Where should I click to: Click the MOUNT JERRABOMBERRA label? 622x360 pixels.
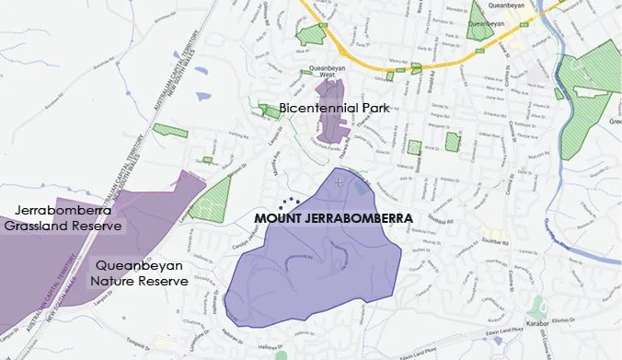(x=332, y=220)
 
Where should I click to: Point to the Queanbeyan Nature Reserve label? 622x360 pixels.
(x=141, y=273)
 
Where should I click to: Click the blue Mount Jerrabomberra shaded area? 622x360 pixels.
(x=313, y=258)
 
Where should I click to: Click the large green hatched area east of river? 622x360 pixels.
(x=589, y=101)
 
